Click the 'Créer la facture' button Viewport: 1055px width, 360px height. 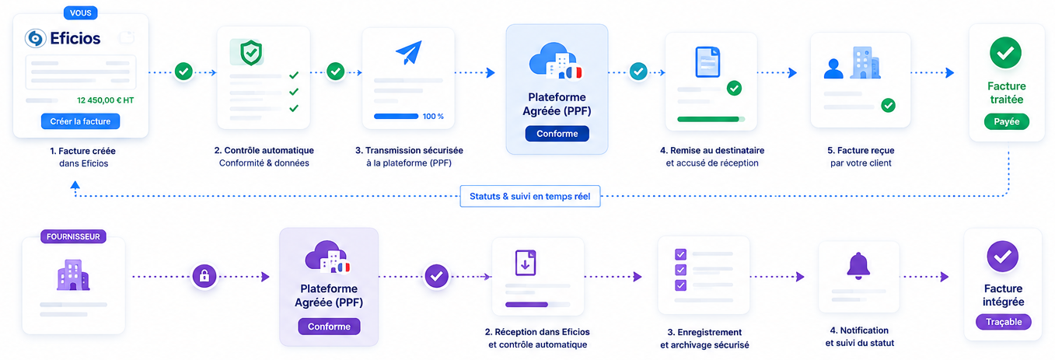click(x=80, y=121)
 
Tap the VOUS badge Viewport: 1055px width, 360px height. click(x=81, y=12)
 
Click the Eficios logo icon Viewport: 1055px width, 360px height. click(x=35, y=38)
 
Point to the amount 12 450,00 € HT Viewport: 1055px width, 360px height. click(x=106, y=100)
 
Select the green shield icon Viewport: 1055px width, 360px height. click(x=250, y=53)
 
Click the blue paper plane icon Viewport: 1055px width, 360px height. click(x=409, y=52)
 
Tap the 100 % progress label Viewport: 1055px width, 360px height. click(x=433, y=117)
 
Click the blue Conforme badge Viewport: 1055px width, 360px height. click(x=557, y=134)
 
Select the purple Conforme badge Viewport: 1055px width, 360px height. click(x=329, y=327)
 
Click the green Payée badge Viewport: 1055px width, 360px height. click(x=1007, y=121)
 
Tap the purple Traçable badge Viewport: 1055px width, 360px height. click(x=1004, y=322)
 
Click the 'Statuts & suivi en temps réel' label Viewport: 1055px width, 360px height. click(x=530, y=196)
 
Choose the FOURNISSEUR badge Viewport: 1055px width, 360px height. click(x=73, y=236)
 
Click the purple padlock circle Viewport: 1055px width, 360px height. click(x=204, y=276)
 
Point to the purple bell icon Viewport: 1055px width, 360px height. click(x=858, y=266)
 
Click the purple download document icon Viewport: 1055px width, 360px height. click(x=525, y=263)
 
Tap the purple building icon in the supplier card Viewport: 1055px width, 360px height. click(x=73, y=274)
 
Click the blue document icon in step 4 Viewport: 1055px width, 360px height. click(x=708, y=61)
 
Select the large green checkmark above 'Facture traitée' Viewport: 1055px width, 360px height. click(x=1005, y=53)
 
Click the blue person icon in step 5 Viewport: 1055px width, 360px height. click(x=833, y=68)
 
